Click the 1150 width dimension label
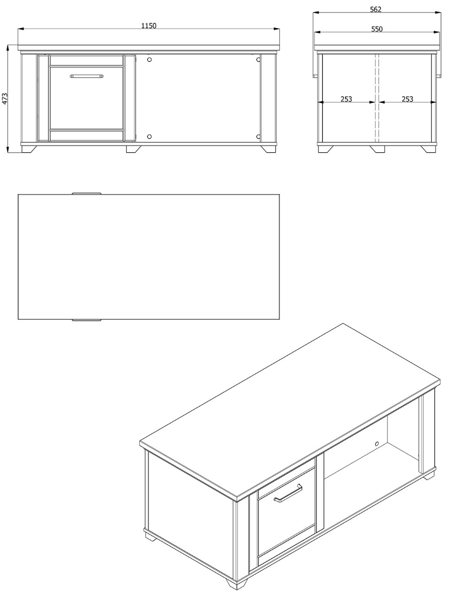coord(149,25)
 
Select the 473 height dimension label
coord(4,99)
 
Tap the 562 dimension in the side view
coord(375,9)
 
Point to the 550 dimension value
coord(376,29)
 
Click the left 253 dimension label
coord(346,99)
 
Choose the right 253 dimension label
coord(407,99)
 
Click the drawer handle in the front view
coord(86,76)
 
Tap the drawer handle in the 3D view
coord(288,493)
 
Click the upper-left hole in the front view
coord(149,59)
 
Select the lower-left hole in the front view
coord(149,136)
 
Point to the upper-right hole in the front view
coord(258,59)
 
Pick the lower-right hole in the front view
coord(258,136)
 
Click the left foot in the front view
coord(29,149)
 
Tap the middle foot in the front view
coord(134,149)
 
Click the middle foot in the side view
coord(377,149)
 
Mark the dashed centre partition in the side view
coord(376,98)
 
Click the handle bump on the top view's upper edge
coord(86,194)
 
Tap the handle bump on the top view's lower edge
coord(86,320)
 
